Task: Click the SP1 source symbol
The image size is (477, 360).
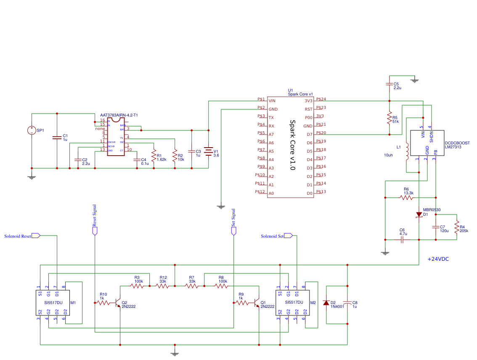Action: (x=31, y=130)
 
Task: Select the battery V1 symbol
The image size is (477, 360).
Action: (x=208, y=151)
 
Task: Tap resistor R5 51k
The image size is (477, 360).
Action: (x=390, y=118)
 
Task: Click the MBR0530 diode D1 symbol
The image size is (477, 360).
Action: (x=419, y=214)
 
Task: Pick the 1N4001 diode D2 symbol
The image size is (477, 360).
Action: (x=326, y=303)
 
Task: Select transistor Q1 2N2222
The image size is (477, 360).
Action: (x=257, y=303)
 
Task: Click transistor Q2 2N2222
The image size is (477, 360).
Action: (x=118, y=303)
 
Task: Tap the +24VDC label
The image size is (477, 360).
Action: (x=438, y=259)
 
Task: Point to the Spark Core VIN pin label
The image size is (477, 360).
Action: (x=272, y=101)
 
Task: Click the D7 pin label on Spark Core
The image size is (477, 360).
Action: (x=309, y=135)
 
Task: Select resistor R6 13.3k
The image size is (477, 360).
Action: (x=407, y=197)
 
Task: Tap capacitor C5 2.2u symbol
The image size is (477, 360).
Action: (x=390, y=84)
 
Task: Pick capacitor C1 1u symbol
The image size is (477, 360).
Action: (x=57, y=137)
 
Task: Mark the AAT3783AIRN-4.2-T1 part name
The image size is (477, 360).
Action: (x=119, y=115)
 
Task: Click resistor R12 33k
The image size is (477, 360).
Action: (x=163, y=286)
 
